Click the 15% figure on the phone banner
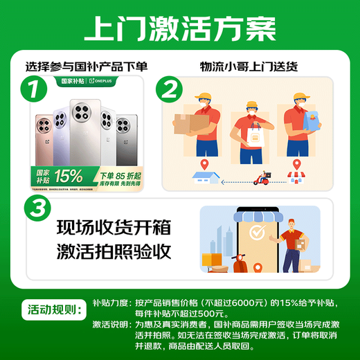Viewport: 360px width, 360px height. [69, 176]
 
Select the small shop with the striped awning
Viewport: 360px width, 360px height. [298, 178]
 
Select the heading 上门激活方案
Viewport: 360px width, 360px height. [179, 27]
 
